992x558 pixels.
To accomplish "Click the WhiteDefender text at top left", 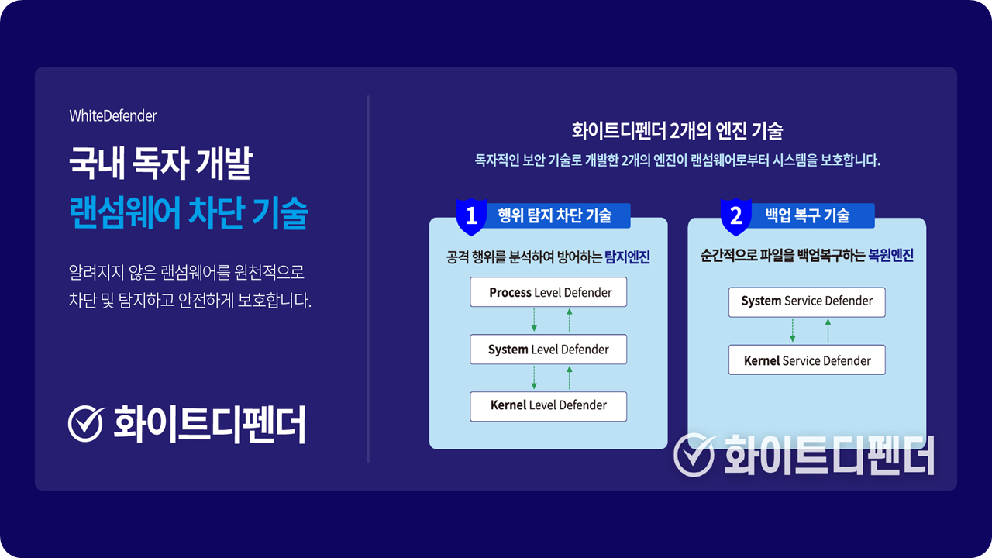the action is [113, 116].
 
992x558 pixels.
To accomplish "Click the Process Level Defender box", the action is [548, 292].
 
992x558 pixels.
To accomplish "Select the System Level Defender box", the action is [548, 350].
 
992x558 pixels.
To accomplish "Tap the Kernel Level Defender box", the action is [548, 406].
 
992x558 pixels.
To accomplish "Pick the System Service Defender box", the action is [807, 302].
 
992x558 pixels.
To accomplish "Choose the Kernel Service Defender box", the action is [807, 360].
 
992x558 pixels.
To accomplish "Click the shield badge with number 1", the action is [471, 216].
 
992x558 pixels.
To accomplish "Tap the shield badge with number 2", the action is [736, 216].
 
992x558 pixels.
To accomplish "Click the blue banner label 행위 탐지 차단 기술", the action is [555, 215].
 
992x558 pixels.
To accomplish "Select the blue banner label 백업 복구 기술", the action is [808, 215].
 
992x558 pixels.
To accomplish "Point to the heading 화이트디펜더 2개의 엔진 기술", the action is [677, 131].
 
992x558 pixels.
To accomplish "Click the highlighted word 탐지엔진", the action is [628, 257].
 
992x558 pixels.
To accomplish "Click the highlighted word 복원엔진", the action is [891, 256].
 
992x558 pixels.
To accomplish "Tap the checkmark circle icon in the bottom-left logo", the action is [86, 423].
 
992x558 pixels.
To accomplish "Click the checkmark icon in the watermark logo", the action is [694, 455].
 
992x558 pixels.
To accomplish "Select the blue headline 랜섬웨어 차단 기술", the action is [188, 213].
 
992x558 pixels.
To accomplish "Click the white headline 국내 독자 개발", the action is [160, 163].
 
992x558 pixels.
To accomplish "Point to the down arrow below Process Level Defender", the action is [534, 320].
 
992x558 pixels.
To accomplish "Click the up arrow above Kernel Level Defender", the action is [570, 377].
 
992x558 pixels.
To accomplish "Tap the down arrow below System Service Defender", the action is [793, 331].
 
